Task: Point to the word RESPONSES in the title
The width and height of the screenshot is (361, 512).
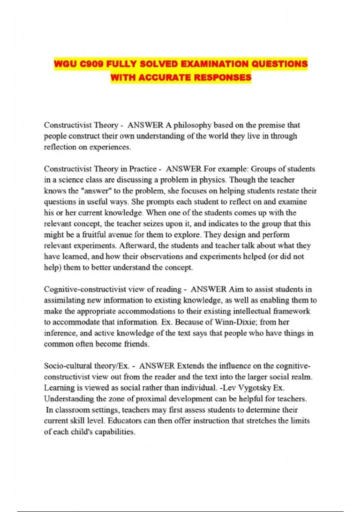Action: click(x=223, y=78)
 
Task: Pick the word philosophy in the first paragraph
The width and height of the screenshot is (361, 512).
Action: click(x=193, y=125)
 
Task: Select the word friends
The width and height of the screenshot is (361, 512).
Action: click(x=137, y=344)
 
